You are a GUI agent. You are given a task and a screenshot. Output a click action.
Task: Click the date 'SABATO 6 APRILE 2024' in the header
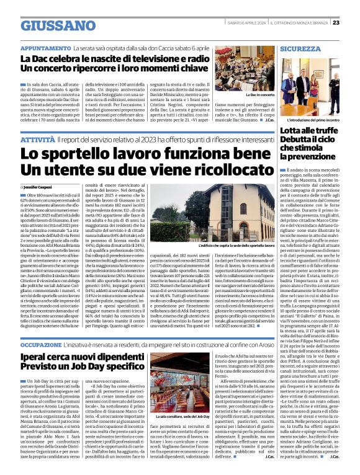[x=245, y=23]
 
